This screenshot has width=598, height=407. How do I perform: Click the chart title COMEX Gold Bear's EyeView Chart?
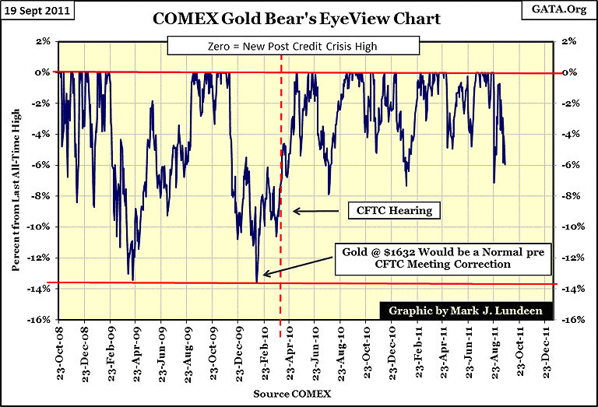click(x=299, y=17)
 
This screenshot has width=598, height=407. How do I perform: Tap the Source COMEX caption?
click(x=291, y=395)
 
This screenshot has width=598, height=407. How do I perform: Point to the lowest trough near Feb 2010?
click(x=256, y=281)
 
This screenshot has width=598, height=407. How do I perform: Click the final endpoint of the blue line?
click(x=505, y=164)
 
